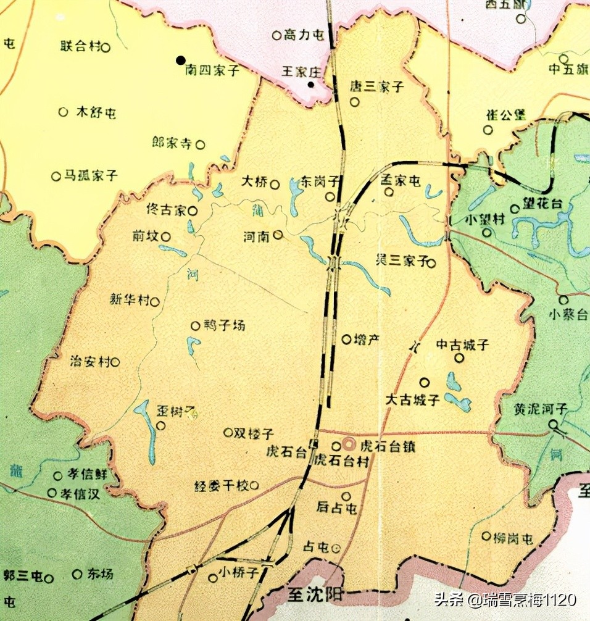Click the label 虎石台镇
[388, 446]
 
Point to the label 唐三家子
[377, 86]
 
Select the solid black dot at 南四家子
[181, 60]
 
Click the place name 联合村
[80, 46]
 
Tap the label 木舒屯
[96, 112]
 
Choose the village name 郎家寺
[172, 144]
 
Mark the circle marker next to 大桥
[275, 183]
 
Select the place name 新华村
[130, 301]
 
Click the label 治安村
[90, 362]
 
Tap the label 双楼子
[254, 433]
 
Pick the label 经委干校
[221, 486]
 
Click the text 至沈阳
[315, 595]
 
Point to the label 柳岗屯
[513, 537]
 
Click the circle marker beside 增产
[346, 339]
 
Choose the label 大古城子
[412, 400]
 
